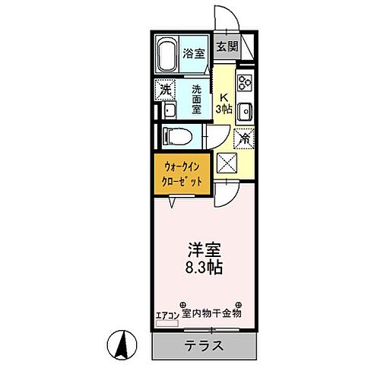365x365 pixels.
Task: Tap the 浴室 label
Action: (x=195, y=53)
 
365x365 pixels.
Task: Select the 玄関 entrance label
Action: (x=226, y=47)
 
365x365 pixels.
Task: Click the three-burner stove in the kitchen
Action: (x=245, y=81)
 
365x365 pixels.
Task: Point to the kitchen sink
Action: (x=246, y=113)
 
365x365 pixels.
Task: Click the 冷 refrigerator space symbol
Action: (x=244, y=139)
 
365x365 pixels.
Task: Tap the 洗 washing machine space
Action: (x=167, y=89)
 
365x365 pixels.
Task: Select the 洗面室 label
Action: (x=195, y=98)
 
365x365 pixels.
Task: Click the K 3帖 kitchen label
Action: (x=225, y=103)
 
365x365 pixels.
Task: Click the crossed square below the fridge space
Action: (x=226, y=163)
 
